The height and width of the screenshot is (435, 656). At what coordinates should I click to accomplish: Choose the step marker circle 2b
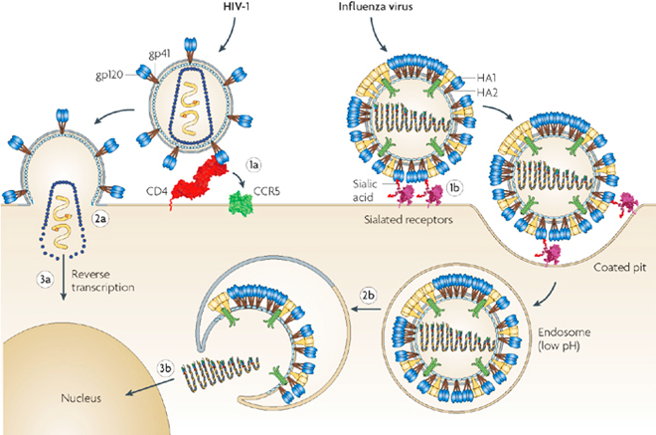[368, 296]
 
